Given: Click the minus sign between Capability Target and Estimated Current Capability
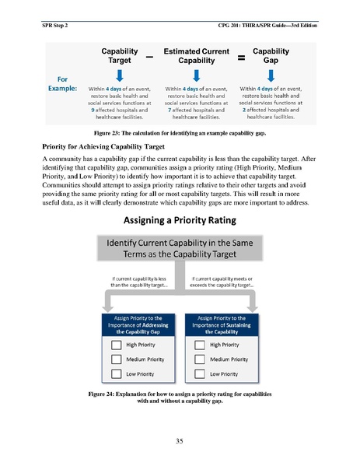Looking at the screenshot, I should pyautogui.click(x=149, y=57).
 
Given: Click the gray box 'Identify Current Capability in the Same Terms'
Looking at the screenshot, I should pyautogui.click(x=180, y=254).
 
